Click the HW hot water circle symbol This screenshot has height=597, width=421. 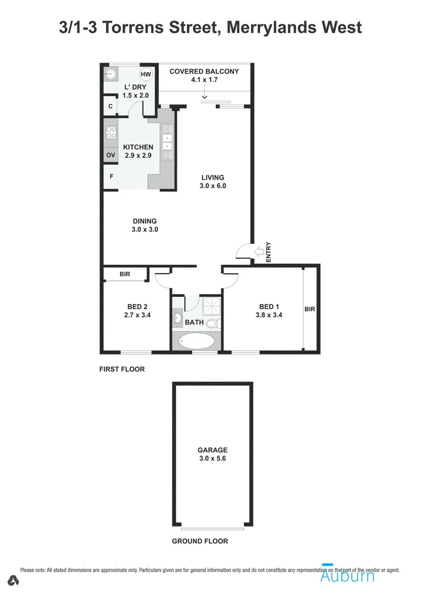(145, 75)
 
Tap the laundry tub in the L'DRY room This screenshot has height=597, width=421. (111, 74)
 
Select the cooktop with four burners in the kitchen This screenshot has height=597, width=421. (111, 133)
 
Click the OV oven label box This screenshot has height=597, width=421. (111, 155)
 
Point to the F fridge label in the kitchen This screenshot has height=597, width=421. (111, 177)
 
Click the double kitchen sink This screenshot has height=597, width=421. (167, 142)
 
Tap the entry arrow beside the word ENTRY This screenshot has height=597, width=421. (258, 252)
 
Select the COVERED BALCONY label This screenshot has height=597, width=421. (204, 71)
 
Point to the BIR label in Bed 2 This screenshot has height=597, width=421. (125, 274)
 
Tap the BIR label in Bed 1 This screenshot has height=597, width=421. (309, 310)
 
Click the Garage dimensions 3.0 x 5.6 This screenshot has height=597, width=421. (213, 459)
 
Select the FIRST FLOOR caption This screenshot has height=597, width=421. (122, 369)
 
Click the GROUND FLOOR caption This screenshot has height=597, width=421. (200, 541)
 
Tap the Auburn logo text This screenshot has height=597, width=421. (347, 575)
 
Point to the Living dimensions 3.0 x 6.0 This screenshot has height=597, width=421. (213, 186)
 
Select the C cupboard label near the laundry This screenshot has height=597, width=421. (111, 106)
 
